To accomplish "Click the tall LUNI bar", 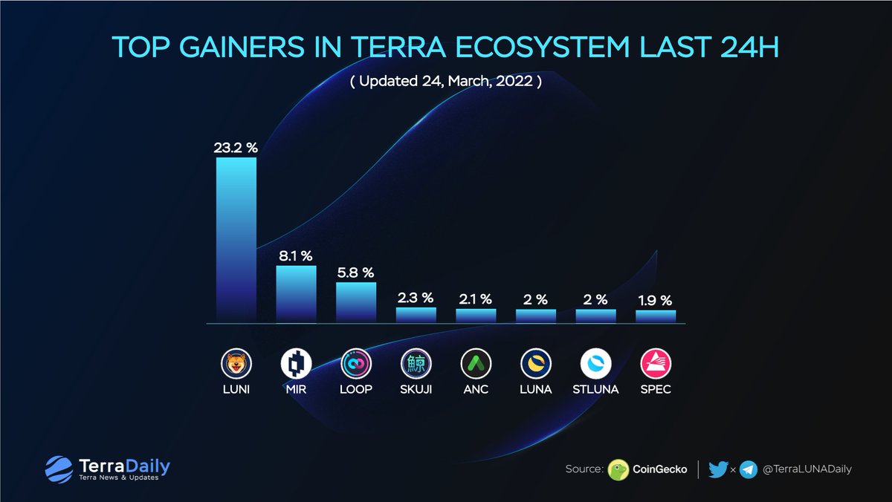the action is (236, 240).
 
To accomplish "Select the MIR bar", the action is (297, 294).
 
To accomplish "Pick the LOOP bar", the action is (356, 302).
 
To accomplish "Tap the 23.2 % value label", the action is (236, 148).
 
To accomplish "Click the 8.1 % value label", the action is (296, 256).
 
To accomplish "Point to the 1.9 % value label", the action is (655, 301).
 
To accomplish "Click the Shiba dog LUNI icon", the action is (236, 364).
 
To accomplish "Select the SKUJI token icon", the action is (416, 364).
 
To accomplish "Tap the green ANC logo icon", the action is (476, 364).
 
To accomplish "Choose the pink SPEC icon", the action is (656, 364).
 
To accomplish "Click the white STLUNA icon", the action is (595, 364).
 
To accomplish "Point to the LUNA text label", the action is (536, 389).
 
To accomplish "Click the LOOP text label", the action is (356, 389).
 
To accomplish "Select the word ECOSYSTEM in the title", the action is (543, 48).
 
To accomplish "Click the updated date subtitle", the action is (446, 81).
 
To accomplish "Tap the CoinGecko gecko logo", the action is (618, 470).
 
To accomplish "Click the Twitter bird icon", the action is (718, 470).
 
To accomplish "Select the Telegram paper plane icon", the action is (749, 470).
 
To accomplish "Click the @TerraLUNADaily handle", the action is (807, 469).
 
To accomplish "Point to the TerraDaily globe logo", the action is (59, 469).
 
